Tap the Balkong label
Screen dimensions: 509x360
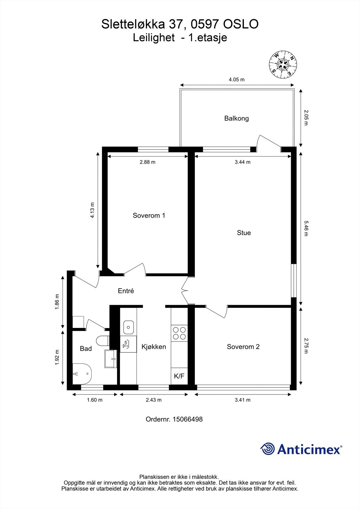[236, 118]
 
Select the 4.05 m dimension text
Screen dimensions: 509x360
[236, 80]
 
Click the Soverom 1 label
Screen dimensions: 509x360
[149, 215]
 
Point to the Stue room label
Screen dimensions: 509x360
[244, 233]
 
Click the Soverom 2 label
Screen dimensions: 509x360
[243, 346]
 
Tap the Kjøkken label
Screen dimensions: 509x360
[154, 346]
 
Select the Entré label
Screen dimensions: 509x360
[126, 291]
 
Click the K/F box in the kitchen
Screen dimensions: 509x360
[179, 376]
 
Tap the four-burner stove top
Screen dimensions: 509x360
[179, 333]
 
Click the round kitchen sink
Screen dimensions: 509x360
[129, 327]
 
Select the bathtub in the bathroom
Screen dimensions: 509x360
[82, 374]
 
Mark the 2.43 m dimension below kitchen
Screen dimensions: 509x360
[153, 400]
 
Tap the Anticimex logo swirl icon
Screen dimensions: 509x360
[267, 449]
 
